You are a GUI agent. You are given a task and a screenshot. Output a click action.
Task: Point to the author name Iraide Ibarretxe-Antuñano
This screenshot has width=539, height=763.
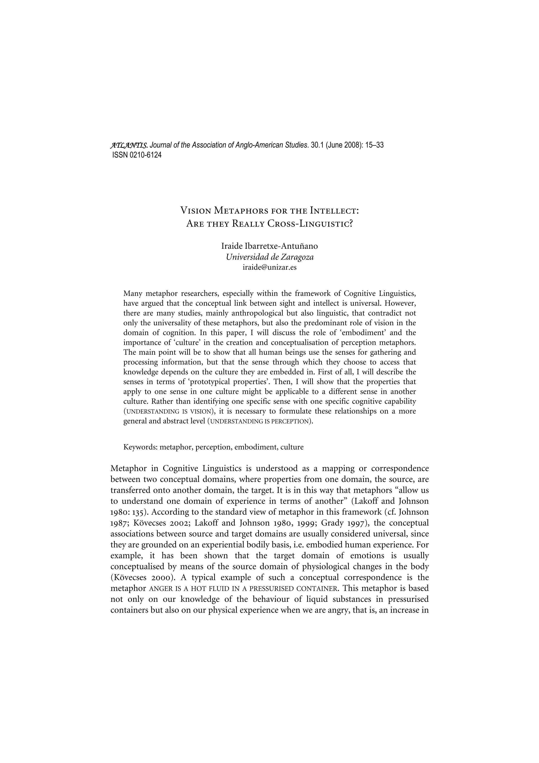click(x=269, y=246)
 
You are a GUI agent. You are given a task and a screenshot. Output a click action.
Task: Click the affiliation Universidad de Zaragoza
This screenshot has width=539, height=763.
click(x=269, y=257)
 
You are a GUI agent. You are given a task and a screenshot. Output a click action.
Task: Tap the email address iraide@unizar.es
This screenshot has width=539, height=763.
click(x=269, y=267)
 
